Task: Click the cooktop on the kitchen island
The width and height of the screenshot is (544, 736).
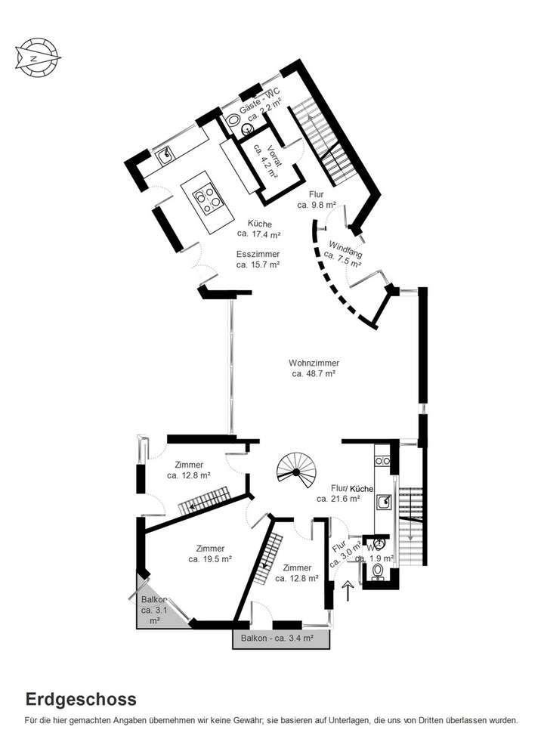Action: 206,198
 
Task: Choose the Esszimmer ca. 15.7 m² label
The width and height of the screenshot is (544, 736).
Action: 258,260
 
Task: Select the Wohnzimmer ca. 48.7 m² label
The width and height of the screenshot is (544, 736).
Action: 314,368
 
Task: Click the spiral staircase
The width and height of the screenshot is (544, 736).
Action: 296,469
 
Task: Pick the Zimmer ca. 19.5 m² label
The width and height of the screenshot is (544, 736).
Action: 209,553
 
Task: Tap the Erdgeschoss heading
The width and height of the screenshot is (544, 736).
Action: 81,699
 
